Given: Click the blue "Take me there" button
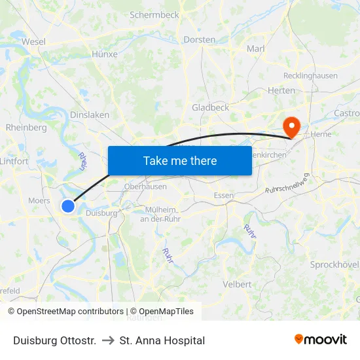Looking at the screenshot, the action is coord(180,160).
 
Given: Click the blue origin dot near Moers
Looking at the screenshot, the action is coord(68,206).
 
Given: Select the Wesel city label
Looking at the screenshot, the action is coord(33,41).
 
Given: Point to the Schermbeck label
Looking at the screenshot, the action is coord(154,14).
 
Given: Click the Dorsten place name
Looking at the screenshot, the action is coord(199,40).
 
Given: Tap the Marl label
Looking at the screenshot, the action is coord(255,48).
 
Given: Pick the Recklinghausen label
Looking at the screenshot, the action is coord(312,75).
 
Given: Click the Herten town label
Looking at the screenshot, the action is coord(281,90).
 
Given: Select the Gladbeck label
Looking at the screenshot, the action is coord(210,107).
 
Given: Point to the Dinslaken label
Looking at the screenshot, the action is coord(90,115).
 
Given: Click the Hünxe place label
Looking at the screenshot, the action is coord(105,54).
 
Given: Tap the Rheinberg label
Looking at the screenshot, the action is coord(26,128).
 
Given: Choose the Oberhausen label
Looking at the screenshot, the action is coord(147,187).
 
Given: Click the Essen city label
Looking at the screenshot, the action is coord(224,195).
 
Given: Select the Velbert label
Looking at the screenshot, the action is coord(237,284).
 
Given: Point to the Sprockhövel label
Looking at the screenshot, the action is coord(334,264).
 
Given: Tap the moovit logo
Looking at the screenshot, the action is coord(321,340).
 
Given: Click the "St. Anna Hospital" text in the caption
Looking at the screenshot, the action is coord(162,340).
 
